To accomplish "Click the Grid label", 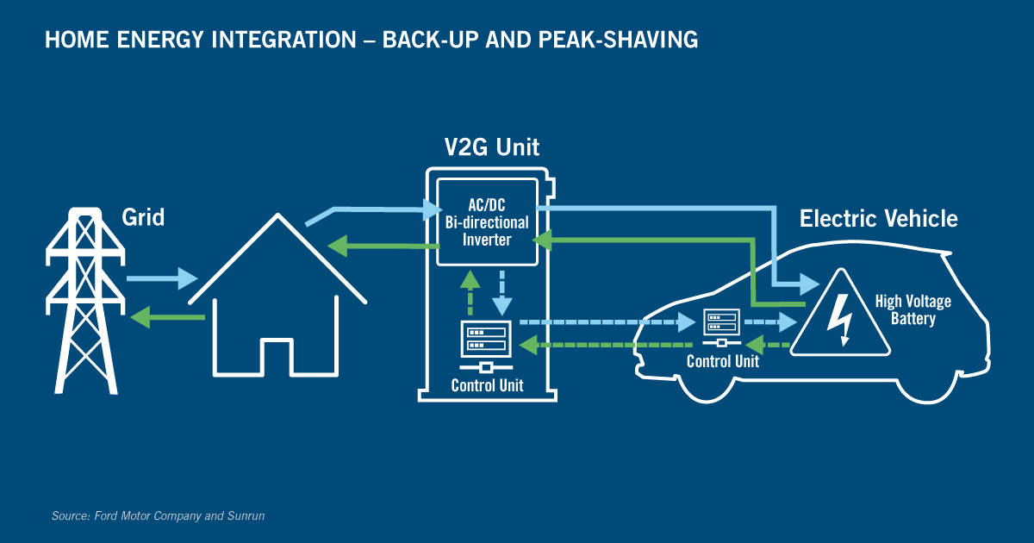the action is pyautogui.click(x=143, y=217).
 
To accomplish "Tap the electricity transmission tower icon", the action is pyautogui.click(x=85, y=301).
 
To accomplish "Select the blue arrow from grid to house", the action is pyautogui.click(x=162, y=278).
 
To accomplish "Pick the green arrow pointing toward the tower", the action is pyautogui.click(x=167, y=317).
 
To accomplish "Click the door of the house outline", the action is pyautogui.click(x=277, y=357).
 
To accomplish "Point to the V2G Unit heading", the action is pyautogui.click(x=492, y=147).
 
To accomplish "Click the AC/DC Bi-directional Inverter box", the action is pyautogui.click(x=487, y=222).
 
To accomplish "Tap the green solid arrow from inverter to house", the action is pyautogui.click(x=383, y=246).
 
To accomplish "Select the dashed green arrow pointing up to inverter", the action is pyautogui.click(x=470, y=292).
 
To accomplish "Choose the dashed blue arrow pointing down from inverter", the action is pyautogui.click(x=501, y=293).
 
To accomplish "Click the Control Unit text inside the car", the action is pyautogui.click(x=722, y=361).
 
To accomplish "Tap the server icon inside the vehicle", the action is pyautogui.click(x=721, y=327).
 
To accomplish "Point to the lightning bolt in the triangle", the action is pyautogui.click(x=840, y=320).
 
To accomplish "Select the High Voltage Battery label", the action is pyautogui.click(x=913, y=309).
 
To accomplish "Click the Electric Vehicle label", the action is pyautogui.click(x=878, y=218).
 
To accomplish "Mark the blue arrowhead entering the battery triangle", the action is pyautogui.click(x=810, y=284).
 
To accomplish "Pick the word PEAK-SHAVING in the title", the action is pyautogui.click(x=618, y=40).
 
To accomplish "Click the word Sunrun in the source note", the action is pyautogui.click(x=246, y=515).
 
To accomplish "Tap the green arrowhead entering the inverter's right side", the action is pyautogui.click(x=542, y=240).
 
